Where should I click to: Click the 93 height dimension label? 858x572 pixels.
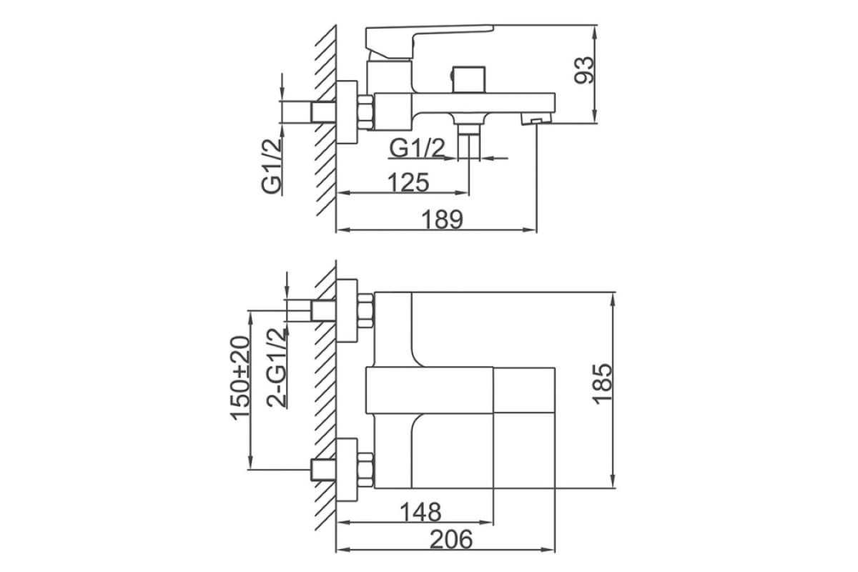[x=583, y=70]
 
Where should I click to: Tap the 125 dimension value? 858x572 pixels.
[x=408, y=182]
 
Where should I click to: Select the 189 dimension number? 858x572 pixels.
[x=443, y=220]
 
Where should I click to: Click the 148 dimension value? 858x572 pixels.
[x=420, y=512]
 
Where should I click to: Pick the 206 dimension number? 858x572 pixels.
[x=451, y=539]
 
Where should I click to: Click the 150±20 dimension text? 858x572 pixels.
[x=240, y=378]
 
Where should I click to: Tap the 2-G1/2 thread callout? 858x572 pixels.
[x=277, y=368]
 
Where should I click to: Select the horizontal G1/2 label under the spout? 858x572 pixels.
[x=417, y=148]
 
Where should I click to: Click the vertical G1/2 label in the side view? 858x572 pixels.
[x=271, y=167]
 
